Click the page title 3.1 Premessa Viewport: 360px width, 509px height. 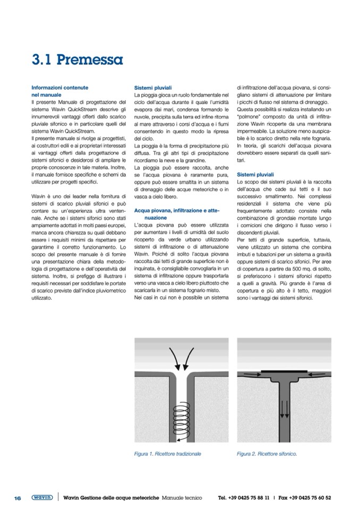[76, 58]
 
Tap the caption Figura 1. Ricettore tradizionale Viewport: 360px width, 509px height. [167, 454]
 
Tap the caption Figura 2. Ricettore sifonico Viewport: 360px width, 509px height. [267, 454]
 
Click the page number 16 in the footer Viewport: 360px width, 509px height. [18, 498]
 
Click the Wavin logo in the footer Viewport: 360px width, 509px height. [42, 498]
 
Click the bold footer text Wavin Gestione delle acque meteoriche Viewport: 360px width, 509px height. [111, 498]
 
